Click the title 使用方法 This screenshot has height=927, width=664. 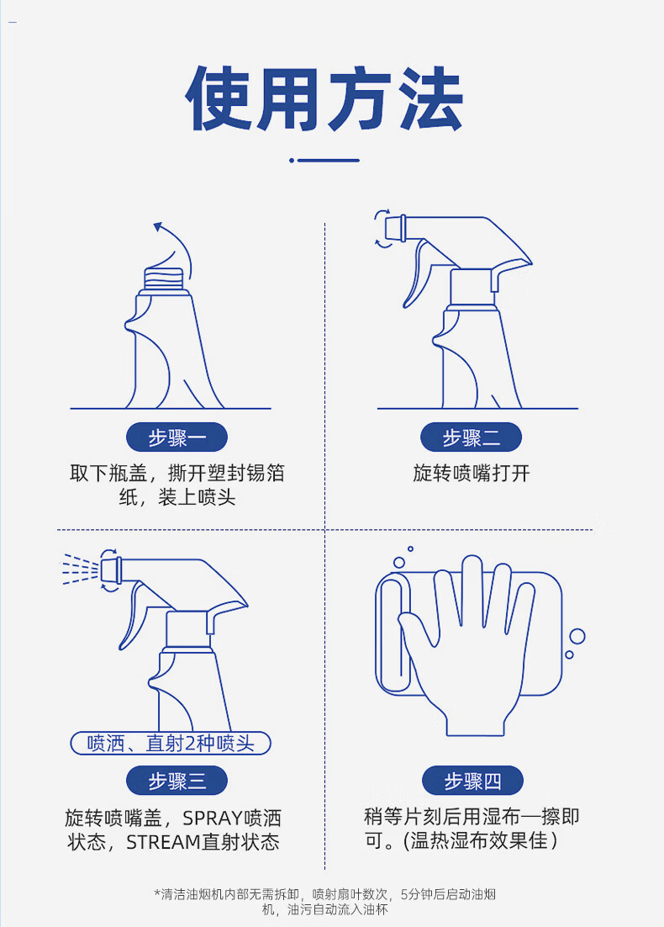[x=324, y=98]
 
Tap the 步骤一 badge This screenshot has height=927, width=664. [x=177, y=437]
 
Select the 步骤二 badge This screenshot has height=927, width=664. [x=471, y=437]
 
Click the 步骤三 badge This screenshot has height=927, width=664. [x=177, y=781]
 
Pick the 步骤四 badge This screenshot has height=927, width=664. [x=472, y=781]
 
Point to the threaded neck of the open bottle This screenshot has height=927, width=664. [x=164, y=278]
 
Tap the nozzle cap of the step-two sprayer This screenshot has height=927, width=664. [x=395, y=228]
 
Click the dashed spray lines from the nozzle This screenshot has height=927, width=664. [x=81, y=569]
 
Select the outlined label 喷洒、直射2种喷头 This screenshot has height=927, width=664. [x=171, y=743]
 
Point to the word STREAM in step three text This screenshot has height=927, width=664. [x=164, y=842]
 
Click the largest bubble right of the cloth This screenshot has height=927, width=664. [x=577, y=636]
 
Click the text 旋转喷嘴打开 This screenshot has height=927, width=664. [x=471, y=473]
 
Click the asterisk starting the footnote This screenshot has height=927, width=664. [x=157, y=893]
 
